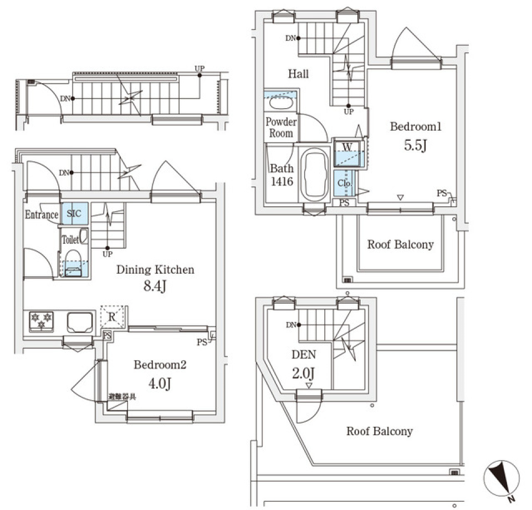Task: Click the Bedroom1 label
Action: (416, 127)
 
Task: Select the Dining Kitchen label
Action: (155, 270)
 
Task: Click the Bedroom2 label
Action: (160, 365)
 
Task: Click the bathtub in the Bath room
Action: (315, 175)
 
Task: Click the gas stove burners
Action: (41, 321)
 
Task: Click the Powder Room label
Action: (281, 127)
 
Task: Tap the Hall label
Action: (298, 74)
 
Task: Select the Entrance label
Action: (42, 215)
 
